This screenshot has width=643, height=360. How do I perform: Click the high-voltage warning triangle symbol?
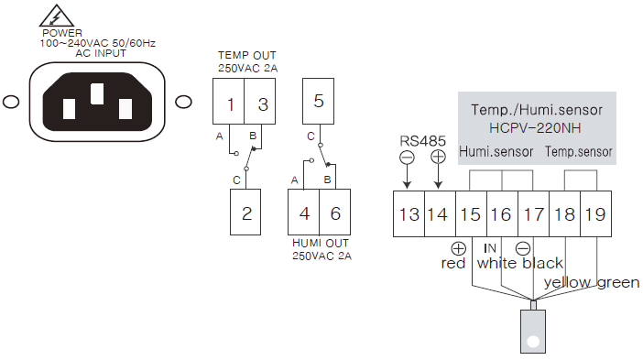pos(57,16)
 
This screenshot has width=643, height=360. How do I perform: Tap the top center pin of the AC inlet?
pos(97,93)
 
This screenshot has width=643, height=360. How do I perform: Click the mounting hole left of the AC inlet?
pos(11,102)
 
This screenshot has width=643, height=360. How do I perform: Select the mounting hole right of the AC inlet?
pos(183,102)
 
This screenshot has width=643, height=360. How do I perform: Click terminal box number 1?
pos(228,102)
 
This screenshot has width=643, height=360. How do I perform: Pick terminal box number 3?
pos(259,102)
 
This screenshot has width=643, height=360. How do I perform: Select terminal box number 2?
pos(245,212)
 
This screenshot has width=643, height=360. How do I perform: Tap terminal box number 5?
pos(318,101)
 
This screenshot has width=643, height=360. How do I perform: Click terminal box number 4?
pos(303,212)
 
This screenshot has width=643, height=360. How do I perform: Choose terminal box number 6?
pos(334,212)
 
